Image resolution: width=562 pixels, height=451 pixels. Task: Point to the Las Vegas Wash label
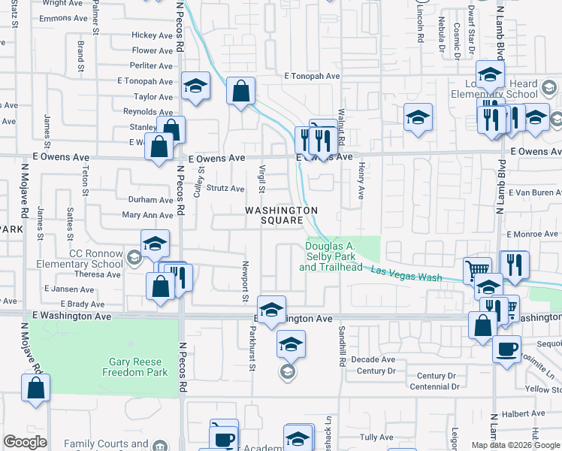tap(406, 276)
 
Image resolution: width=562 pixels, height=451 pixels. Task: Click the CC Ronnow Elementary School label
tap(71, 259)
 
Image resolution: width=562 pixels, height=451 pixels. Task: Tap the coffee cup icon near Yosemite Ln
tap(506, 349)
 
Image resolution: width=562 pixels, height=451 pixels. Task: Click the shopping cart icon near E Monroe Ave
tap(477, 270)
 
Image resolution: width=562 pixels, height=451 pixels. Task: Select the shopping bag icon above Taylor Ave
tap(240, 92)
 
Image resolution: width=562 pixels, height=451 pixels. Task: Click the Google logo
tap(26, 442)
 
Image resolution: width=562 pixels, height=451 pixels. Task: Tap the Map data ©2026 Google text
tap(515, 445)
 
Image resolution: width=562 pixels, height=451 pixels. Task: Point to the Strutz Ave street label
tap(226, 189)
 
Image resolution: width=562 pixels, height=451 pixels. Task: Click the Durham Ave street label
tap(150, 200)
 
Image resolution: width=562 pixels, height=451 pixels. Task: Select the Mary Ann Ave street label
tap(147, 215)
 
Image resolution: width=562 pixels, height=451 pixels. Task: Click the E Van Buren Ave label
tap(534, 192)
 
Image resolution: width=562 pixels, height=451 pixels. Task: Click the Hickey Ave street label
tap(152, 35)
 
